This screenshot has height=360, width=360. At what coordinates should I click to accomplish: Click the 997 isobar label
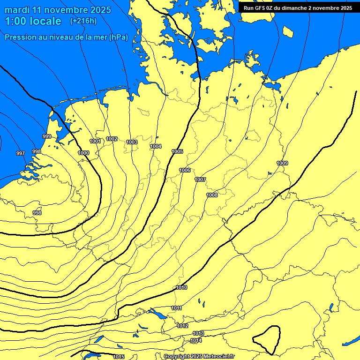[20, 153]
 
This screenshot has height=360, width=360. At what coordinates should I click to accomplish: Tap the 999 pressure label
[47, 136]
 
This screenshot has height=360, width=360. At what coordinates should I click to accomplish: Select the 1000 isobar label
[83, 153]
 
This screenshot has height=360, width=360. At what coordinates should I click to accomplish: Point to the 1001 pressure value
[95, 141]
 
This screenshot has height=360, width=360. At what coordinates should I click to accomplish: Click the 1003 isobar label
[132, 142]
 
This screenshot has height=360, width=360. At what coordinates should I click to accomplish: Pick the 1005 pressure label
[177, 151]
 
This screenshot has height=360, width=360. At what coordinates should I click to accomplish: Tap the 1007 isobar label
[200, 180]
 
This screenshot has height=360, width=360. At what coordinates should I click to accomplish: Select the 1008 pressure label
[212, 195]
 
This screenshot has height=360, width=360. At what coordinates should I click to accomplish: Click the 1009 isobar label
[282, 163]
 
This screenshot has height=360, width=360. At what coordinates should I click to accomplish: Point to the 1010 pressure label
[182, 287]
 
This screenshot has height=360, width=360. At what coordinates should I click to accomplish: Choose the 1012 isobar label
[182, 326]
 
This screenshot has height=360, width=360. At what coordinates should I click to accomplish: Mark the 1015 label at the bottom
[119, 357]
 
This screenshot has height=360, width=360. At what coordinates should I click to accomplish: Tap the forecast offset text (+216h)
[83, 21]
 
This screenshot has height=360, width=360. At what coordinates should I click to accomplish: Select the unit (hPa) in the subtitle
[118, 37]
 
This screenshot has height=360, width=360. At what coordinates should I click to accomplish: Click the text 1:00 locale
[33, 21]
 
